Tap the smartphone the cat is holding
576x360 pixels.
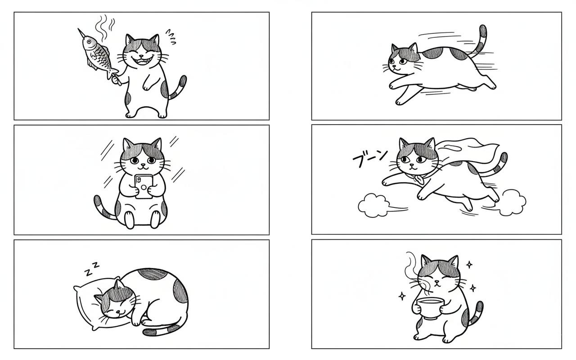point(144,187)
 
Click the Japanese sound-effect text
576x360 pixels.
point(370,157)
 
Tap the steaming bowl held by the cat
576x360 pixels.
point(430,308)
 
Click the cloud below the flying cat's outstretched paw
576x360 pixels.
point(373,206)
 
